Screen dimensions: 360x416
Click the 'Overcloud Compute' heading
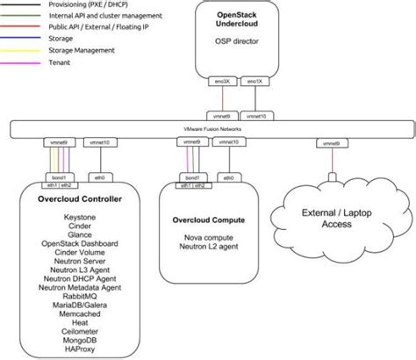click(210, 219)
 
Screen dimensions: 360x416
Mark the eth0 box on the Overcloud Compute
click(228, 176)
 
